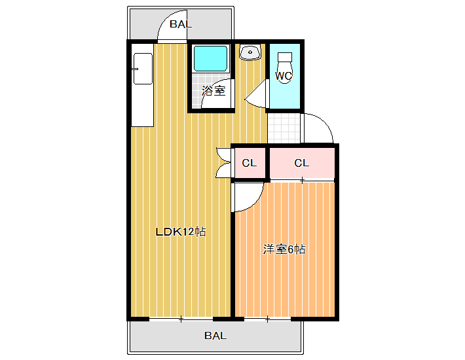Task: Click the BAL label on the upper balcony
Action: (181, 24)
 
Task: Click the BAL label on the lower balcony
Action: (215, 336)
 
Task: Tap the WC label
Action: (284, 76)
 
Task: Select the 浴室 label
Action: (214, 91)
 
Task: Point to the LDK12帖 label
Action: (181, 232)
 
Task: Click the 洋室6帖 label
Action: (284, 249)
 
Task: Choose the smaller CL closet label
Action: (250, 163)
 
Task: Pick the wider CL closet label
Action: (302, 163)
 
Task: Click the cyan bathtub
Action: (210, 58)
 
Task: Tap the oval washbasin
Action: (250, 53)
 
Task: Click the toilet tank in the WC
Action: (285, 57)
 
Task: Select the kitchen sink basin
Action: (143, 69)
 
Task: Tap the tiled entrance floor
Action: (284, 128)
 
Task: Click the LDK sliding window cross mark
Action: (181, 319)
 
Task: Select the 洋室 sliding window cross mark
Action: (267, 319)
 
